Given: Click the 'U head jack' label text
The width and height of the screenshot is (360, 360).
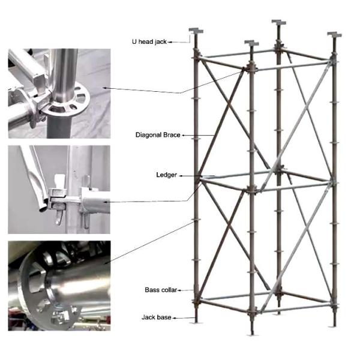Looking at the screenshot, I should point(149,41).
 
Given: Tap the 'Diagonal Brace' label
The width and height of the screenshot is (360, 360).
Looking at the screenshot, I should point(157,135).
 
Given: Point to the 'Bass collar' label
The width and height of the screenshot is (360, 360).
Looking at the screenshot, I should point(160,290).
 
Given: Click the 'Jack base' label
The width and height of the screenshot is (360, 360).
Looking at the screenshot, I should point(157,316).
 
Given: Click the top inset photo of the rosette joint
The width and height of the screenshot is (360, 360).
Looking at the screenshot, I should point(59,94).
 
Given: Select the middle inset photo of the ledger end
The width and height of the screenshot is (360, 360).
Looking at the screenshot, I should point(59,190).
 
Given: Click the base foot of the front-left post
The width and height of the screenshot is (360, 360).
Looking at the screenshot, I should point(196,321).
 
